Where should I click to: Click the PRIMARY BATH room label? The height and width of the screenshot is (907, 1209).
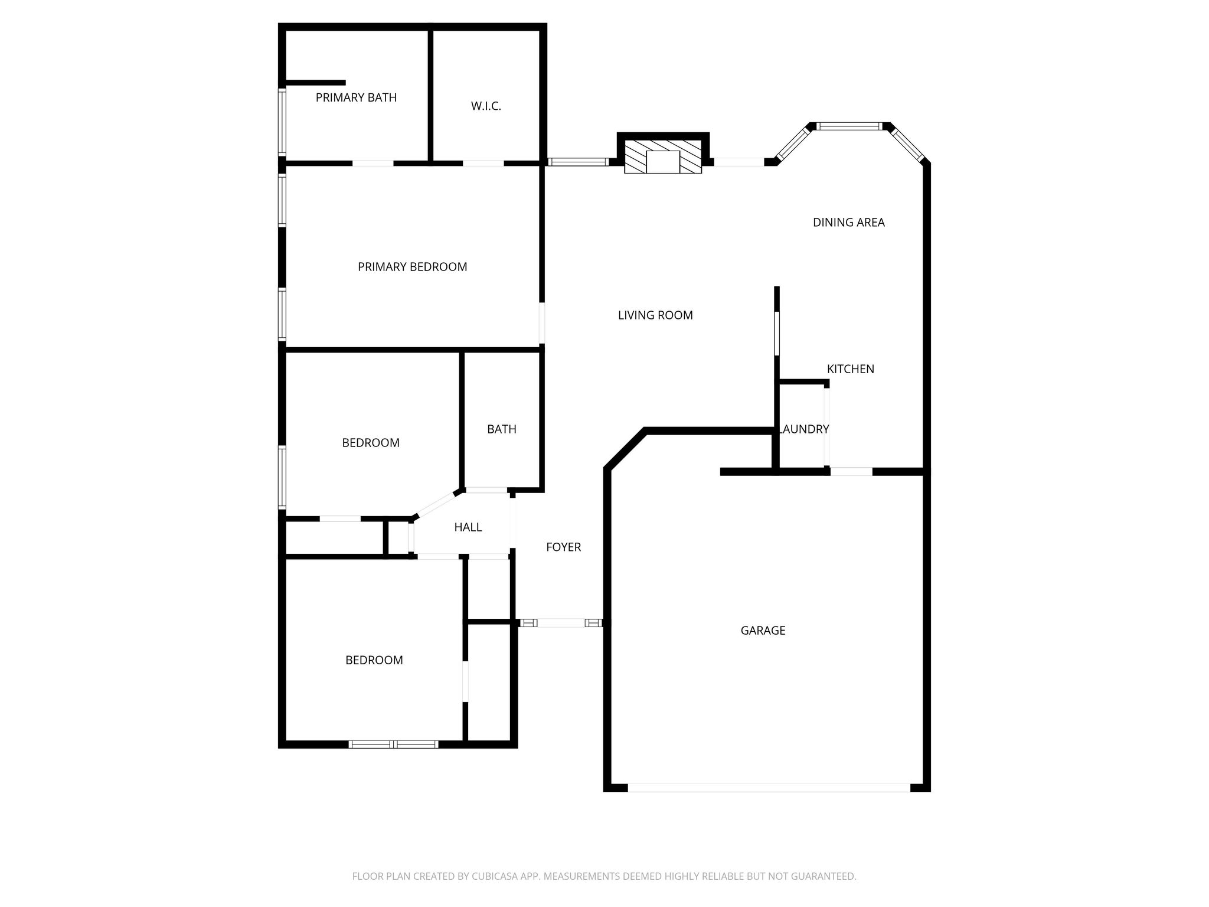(x=356, y=97)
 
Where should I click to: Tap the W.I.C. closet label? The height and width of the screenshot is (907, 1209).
(x=486, y=106)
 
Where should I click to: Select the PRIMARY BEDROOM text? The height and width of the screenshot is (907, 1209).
(x=412, y=267)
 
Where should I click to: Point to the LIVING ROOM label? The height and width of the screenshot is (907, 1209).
(x=655, y=315)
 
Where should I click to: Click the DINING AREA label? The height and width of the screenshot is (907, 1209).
(x=848, y=223)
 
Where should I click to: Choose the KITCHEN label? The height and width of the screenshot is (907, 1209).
(x=850, y=369)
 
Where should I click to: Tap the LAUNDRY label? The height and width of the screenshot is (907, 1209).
(x=805, y=429)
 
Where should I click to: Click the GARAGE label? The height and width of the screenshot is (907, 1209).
(x=763, y=631)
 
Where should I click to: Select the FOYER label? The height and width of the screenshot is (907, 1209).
(x=563, y=547)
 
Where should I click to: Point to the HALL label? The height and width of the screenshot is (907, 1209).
(x=468, y=527)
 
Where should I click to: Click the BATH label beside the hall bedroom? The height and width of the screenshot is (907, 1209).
(x=501, y=429)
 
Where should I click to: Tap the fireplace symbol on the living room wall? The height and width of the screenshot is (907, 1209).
(x=663, y=157)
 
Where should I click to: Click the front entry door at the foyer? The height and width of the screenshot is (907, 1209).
(x=561, y=622)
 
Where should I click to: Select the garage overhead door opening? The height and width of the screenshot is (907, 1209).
(x=769, y=787)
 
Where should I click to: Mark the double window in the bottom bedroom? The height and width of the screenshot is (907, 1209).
(x=393, y=745)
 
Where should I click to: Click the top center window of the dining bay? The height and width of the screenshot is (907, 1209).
(x=849, y=126)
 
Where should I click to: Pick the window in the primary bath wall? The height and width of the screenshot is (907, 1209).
(x=282, y=122)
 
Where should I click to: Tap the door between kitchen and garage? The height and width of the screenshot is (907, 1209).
(x=851, y=472)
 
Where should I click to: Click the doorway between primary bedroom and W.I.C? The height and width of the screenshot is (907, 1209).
(x=483, y=163)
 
